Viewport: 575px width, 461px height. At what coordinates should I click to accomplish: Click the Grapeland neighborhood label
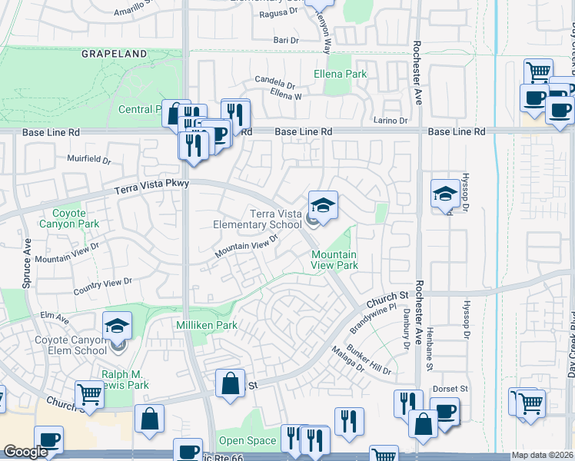[115, 55]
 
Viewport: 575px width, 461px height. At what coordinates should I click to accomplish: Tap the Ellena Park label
[341, 75]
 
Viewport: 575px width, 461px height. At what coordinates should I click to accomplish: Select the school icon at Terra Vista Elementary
[323, 205]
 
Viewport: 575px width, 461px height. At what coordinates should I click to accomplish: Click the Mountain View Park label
[334, 260]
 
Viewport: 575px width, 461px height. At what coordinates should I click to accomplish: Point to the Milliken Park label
[208, 326]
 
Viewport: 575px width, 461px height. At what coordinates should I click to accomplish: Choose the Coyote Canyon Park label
[76, 218]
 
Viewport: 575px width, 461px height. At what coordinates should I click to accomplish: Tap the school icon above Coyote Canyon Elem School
[117, 326]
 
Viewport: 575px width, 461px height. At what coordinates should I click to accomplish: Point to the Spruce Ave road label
[28, 254]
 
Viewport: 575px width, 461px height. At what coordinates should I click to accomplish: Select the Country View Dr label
[103, 287]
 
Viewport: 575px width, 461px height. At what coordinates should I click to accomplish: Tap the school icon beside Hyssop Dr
[445, 194]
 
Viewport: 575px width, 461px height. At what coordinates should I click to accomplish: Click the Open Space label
[248, 441]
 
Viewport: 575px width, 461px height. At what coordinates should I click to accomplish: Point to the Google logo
[25, 452]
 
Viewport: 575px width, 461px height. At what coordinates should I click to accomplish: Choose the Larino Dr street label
[392, 121]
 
